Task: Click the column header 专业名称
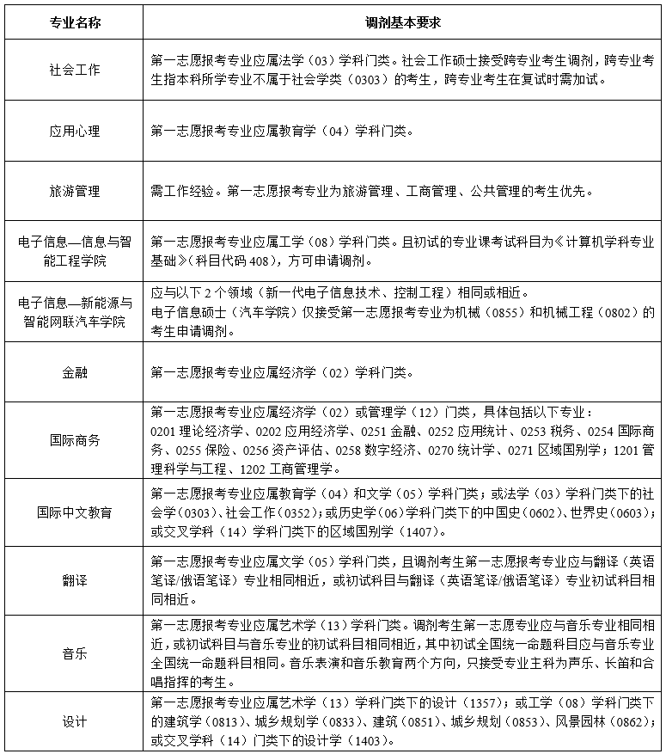pos(75,21)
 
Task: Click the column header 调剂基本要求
pos(402,21)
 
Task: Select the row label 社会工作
pos(75,70)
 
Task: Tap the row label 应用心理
pos(75,131)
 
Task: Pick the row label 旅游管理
pos(75,190)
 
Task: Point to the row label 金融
pos(75,373)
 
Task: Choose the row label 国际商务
pos(75,439)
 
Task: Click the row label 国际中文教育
pos(75,512)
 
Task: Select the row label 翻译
pos(75,580)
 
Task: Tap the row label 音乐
pos(75,653)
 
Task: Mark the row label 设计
pos(75,722)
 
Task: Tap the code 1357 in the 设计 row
pos(447,705)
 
